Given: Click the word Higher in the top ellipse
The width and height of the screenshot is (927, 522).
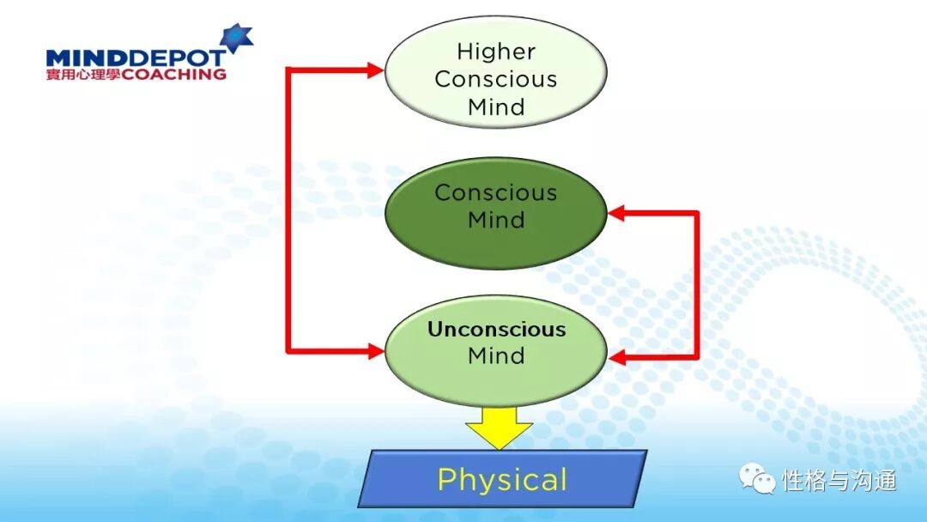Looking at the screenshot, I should (x=496, y=52).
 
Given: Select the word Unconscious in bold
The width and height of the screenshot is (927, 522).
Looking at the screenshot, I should (x=496, y=330).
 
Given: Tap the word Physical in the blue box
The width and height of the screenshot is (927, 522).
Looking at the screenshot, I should (x=502, y=479).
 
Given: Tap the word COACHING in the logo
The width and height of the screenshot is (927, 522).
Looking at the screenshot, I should (x=175, y=75).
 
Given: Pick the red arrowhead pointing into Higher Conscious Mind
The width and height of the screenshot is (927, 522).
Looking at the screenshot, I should (x=374, y=70).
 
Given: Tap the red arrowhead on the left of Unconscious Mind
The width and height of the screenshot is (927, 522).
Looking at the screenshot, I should (x=374, y=350).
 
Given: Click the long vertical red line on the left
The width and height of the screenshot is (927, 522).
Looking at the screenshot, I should (x=289, y=210).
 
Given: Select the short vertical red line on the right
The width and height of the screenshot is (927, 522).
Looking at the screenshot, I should (x=696, y=283).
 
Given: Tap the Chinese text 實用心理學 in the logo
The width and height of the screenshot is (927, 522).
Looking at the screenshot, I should (x=84, y=75).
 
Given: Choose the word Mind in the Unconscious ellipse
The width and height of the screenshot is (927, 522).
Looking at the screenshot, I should (x=496, y=355).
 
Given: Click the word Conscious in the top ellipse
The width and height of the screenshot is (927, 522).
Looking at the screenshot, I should (x=496, y=79).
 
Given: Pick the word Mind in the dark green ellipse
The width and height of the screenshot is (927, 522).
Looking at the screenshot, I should (x=496, y=220).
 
